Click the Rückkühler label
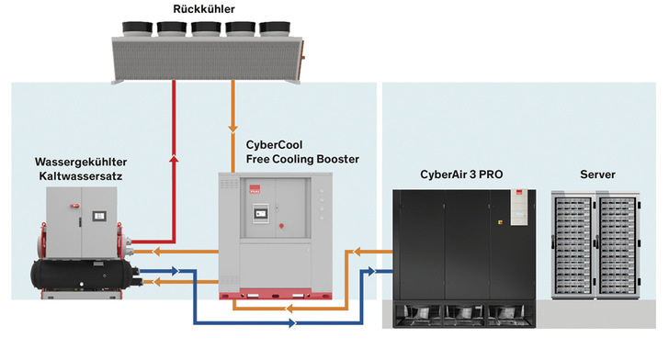tap(204, 9)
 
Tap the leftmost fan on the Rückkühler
tap(138, 28)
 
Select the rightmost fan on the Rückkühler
tap(275, 28)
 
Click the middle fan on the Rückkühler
tap(206, 28)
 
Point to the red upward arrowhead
tap(174, 159)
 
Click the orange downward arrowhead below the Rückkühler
tap(232, 129)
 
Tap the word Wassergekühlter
tap(81, 162)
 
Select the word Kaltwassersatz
tap(81, 176)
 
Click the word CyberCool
tap(274, 145)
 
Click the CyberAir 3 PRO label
tap(461, 174)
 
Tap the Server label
tap(597, 174)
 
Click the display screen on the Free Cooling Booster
tap(261, 212)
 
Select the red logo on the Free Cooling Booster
tap(255, 190)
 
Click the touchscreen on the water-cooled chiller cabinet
tap(99, 216)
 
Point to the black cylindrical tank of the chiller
tap(83, 275)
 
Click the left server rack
tap(573, 245)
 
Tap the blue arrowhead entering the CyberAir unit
tap(371, 271)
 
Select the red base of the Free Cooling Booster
tap(275, 295)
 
